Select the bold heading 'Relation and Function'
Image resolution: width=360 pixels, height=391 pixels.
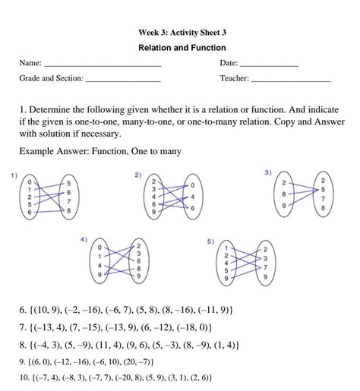181,47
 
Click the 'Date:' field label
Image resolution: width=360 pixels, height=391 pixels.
229,63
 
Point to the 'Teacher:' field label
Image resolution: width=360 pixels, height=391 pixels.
234,78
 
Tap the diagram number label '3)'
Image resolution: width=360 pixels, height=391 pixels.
268,173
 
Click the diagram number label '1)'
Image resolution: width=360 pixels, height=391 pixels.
14,176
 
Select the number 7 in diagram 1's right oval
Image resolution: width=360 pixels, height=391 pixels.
69,205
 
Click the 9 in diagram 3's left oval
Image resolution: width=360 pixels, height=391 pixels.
283,206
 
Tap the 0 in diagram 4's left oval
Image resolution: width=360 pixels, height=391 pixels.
100,248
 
